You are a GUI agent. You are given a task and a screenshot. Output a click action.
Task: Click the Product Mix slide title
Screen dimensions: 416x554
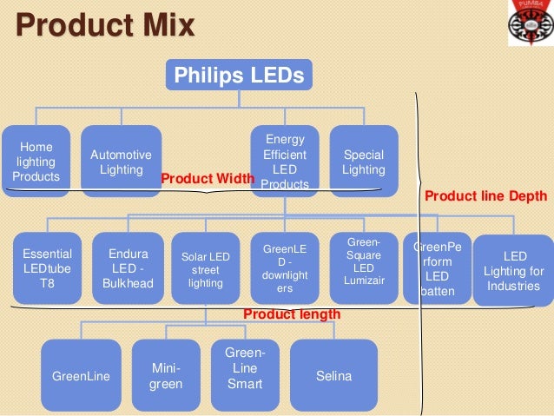point(105,25)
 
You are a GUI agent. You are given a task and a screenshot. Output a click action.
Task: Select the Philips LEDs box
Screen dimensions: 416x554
point(239,76)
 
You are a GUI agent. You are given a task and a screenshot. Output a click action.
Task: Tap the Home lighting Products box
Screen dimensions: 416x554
point(36,162)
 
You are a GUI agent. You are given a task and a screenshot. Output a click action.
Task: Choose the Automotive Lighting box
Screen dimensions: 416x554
point(121,162)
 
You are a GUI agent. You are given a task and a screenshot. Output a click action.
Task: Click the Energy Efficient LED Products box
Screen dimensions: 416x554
point(285,162)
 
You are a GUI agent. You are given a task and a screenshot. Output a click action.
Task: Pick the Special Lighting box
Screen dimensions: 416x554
point(363,162)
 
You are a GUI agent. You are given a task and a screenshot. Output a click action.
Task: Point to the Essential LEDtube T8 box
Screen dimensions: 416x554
point(47,268)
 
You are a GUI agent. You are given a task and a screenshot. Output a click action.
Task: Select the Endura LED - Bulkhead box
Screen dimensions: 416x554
point(128,268)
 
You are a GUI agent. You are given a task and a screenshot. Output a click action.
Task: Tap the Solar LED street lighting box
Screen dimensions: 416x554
point(206,268)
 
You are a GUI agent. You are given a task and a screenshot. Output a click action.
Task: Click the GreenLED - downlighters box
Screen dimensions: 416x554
point(285,268)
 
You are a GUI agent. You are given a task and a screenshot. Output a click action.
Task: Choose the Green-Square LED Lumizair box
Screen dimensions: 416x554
point(364,268)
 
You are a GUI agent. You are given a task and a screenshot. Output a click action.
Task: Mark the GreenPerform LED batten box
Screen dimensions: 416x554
point(438,268)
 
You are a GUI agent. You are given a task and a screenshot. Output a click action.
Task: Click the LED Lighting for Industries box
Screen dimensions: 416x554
point(513,270)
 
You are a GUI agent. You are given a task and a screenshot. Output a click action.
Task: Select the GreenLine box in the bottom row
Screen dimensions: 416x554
point(81,376)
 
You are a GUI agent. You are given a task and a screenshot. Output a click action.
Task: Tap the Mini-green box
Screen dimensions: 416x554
point(166,376)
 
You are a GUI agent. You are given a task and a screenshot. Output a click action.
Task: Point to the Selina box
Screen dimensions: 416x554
point(333,376)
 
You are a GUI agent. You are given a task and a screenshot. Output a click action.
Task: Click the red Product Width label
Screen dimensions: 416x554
point(208,178)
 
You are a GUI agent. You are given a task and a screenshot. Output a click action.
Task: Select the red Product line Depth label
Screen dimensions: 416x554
point(486,196)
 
